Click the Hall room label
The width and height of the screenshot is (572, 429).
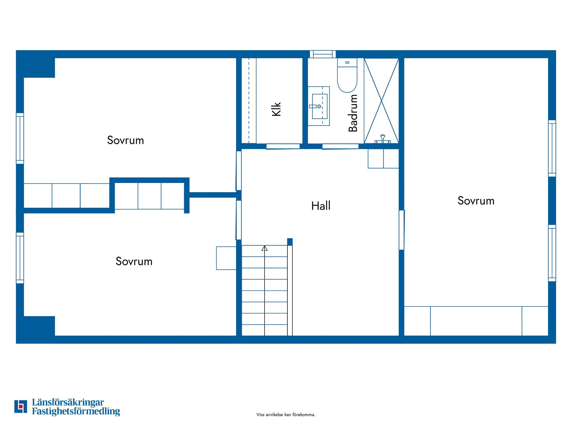321,206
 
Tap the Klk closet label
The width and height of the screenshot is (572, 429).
276,109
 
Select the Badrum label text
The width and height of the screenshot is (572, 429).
353,113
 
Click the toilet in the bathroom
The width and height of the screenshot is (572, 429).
347,75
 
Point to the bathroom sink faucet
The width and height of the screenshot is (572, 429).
315,106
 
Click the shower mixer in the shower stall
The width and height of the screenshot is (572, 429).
383,139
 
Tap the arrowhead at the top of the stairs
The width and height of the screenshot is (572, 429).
265,248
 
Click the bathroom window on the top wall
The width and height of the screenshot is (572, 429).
323,54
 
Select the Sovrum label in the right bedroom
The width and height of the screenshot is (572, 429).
476,201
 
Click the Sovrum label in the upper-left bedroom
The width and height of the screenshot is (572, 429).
125,140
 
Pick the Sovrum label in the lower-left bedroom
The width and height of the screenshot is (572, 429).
134,261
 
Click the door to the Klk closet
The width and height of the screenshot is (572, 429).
283,146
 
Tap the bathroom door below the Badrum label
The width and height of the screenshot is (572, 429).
340,146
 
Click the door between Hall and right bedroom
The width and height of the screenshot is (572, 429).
402,230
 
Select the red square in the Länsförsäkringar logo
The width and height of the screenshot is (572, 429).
21,406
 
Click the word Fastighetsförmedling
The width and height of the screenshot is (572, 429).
76,411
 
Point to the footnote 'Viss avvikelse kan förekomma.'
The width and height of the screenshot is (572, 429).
286,415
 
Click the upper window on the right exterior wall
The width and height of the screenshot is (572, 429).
552,148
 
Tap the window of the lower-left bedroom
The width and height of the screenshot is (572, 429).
20,258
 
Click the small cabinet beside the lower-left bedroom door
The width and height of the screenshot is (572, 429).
226,258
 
